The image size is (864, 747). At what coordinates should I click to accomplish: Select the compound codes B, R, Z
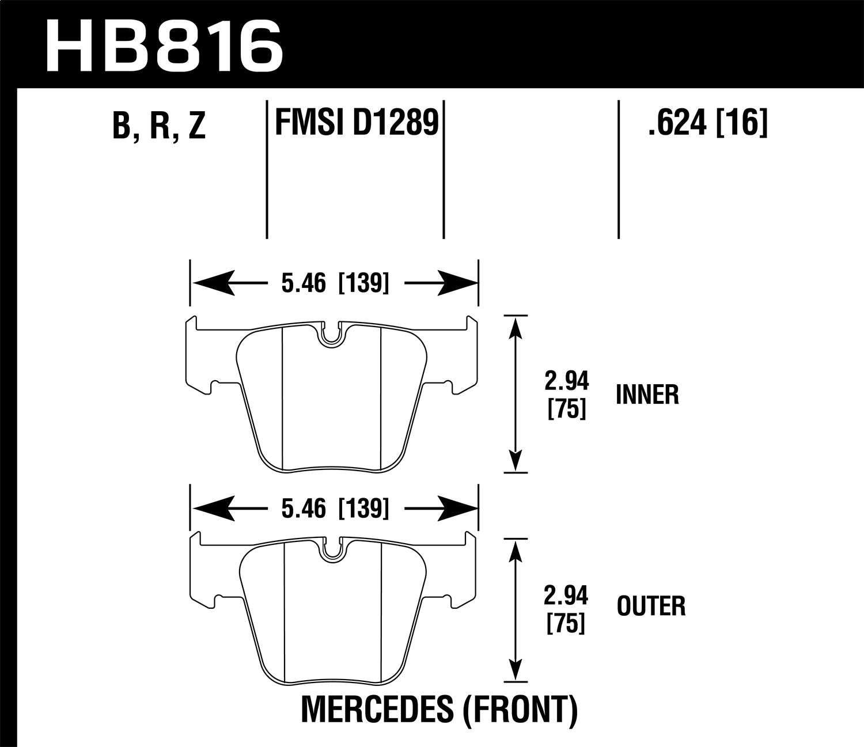(x=159, y=125)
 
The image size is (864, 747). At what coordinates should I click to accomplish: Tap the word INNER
(x=647, y=395)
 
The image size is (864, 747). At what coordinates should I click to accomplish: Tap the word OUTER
(x=651, y=606)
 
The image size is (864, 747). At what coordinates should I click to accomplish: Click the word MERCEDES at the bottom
(x=378, y=710)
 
